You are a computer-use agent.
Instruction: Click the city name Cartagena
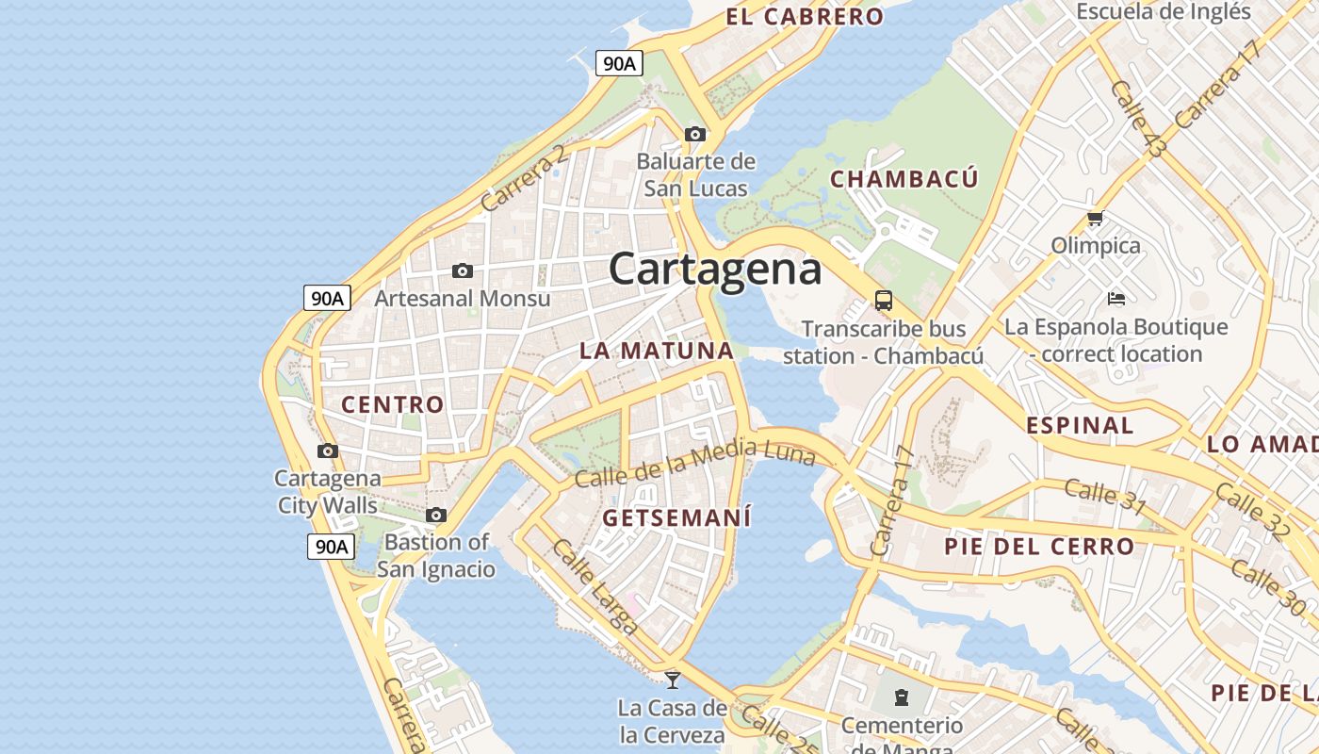pos(715,270)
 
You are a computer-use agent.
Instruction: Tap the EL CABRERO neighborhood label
pos(805,16)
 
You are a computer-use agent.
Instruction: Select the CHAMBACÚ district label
pos(904,179)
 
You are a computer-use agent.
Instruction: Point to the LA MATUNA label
pos(656,351)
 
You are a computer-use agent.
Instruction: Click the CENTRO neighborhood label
pos(392,404)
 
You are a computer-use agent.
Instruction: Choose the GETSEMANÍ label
pos(676,517)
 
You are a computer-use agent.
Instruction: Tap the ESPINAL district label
pos(1080,425)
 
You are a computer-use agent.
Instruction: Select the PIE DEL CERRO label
pos(1039,547)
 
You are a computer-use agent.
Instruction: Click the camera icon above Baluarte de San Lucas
pos(695,134)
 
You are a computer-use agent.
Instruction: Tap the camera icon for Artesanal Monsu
pos(462,270)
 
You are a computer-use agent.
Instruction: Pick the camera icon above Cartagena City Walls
pos(328,451)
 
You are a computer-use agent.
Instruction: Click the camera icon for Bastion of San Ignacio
pos(435,515)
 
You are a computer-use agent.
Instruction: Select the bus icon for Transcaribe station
pos(883,301)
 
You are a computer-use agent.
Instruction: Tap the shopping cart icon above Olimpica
pos(1095,219)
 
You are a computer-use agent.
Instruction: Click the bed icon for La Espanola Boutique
pos(1116,299)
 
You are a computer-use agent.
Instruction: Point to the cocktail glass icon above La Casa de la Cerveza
pos(672,679)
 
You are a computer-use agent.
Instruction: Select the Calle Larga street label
pos(595,584)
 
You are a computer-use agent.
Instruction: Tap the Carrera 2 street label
pos(524,177)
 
